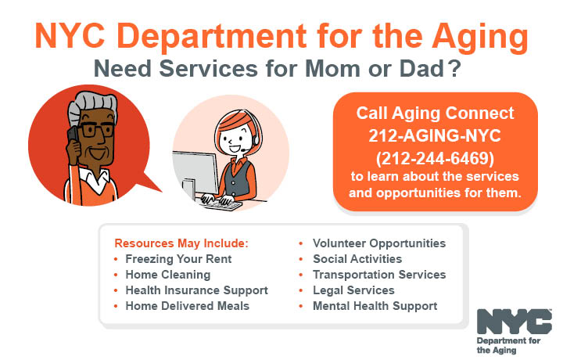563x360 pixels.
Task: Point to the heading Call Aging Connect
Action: click(435, 113)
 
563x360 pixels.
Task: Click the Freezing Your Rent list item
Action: click(178, 259)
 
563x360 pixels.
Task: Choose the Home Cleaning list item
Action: click(167, 275)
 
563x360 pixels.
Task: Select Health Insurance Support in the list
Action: click(196, 290)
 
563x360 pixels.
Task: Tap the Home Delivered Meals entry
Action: click(187, 306)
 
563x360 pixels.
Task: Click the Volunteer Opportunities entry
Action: click(378, 243)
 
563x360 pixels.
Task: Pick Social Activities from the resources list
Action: click(357, 259)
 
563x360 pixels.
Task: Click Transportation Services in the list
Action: click(378, 275)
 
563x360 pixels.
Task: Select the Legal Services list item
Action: click(353, 290)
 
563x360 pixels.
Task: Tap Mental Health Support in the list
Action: click(375, 306)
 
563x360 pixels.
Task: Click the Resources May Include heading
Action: click(181, 243)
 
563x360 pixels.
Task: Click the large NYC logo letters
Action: click(514, 322)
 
